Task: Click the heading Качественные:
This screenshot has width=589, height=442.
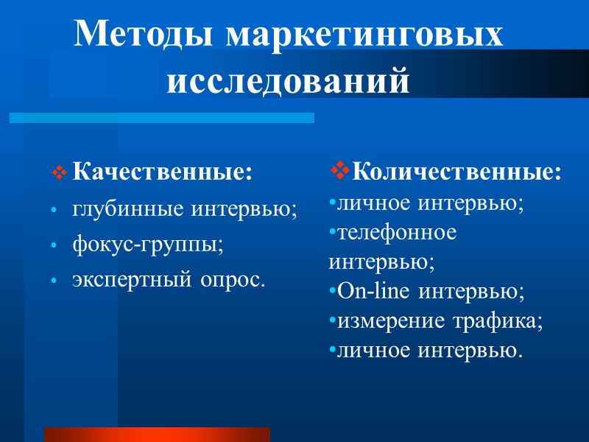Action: pyautogui.click(x=162, y=173)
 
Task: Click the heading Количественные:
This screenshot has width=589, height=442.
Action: pyautogui.click(x=456, y=173)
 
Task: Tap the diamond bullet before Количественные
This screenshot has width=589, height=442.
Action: pyautogui.click(x=339, y=172)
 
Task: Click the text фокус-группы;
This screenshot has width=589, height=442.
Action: pyautogui.click(x=147, y=245)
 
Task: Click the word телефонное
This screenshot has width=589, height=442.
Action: pyautogui.click(x=396, y=233)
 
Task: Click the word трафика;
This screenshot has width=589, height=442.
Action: pyautogui.click(x=497, y=321)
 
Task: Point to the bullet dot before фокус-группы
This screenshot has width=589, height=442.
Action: pyautogui.click(x=53, y=247)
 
